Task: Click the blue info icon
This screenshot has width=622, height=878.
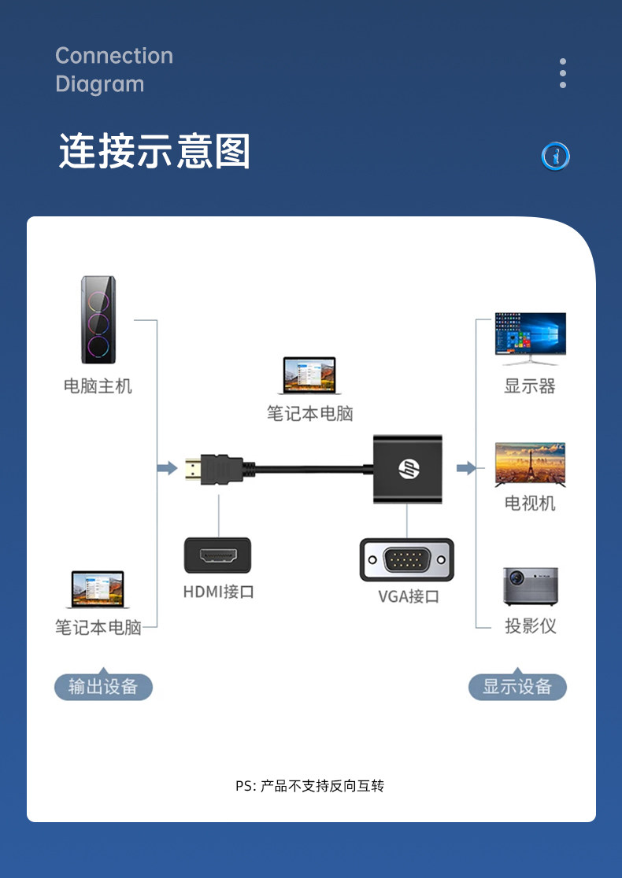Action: (556, 157)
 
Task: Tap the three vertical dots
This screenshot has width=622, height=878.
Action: (563, 73)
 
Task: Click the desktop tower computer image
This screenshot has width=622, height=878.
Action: (98, 320)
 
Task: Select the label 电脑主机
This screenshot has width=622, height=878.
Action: (98, 386)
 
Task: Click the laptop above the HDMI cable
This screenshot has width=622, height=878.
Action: (309, 375)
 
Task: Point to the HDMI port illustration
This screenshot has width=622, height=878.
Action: (218, 555)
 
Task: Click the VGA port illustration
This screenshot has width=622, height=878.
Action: (406, 559)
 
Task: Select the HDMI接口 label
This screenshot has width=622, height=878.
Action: (219, 592)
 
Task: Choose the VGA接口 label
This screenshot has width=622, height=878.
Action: (409, 596)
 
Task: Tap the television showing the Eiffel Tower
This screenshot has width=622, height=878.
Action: (530, 465)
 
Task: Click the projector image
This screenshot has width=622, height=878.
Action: (531, 587)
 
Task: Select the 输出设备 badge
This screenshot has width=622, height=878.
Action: (103, 687)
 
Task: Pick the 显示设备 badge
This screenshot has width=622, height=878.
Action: (517, 687)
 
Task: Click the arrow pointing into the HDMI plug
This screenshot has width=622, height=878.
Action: (167, 469)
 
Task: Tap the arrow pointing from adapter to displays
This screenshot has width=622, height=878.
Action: (467, 469)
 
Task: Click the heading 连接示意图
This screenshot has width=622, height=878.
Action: (154, 151)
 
